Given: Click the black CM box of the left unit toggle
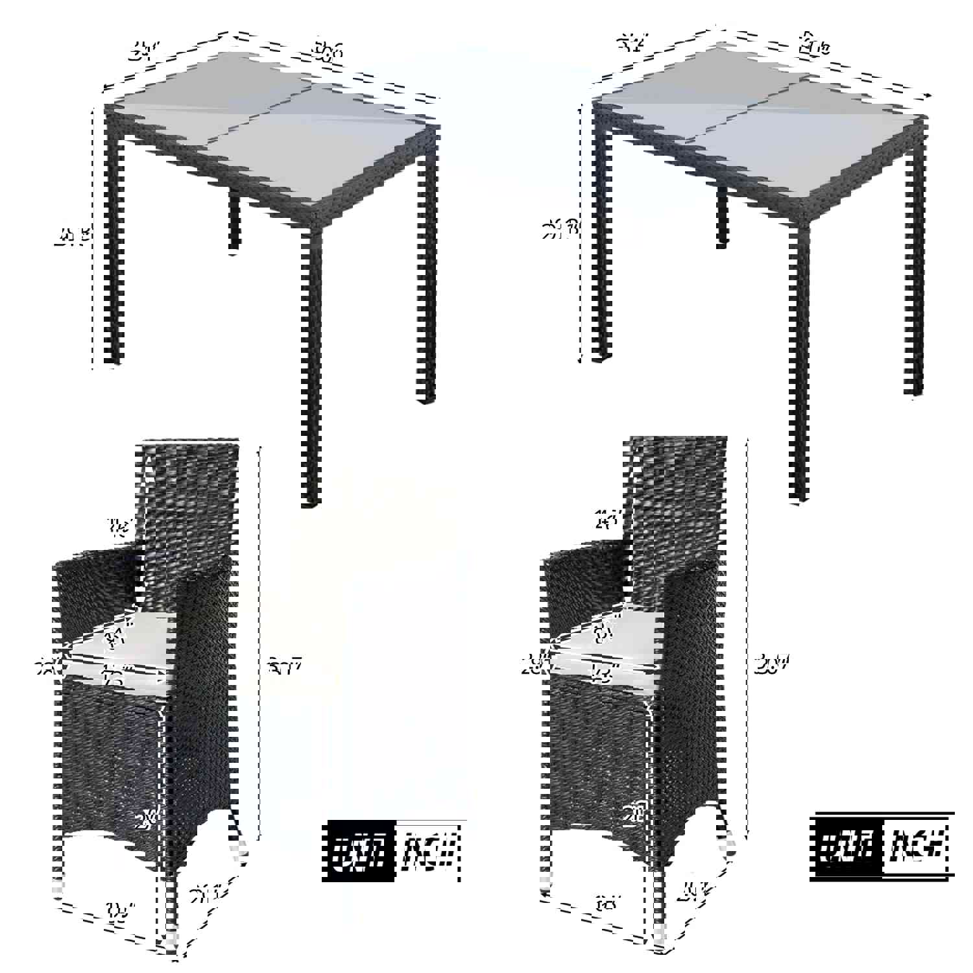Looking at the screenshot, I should [x=361, y=851].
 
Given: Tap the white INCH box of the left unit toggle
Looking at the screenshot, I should [x=428, y=851].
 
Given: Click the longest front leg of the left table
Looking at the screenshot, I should [x=313, y=363].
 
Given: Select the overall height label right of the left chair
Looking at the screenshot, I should [x=285, y=665].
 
